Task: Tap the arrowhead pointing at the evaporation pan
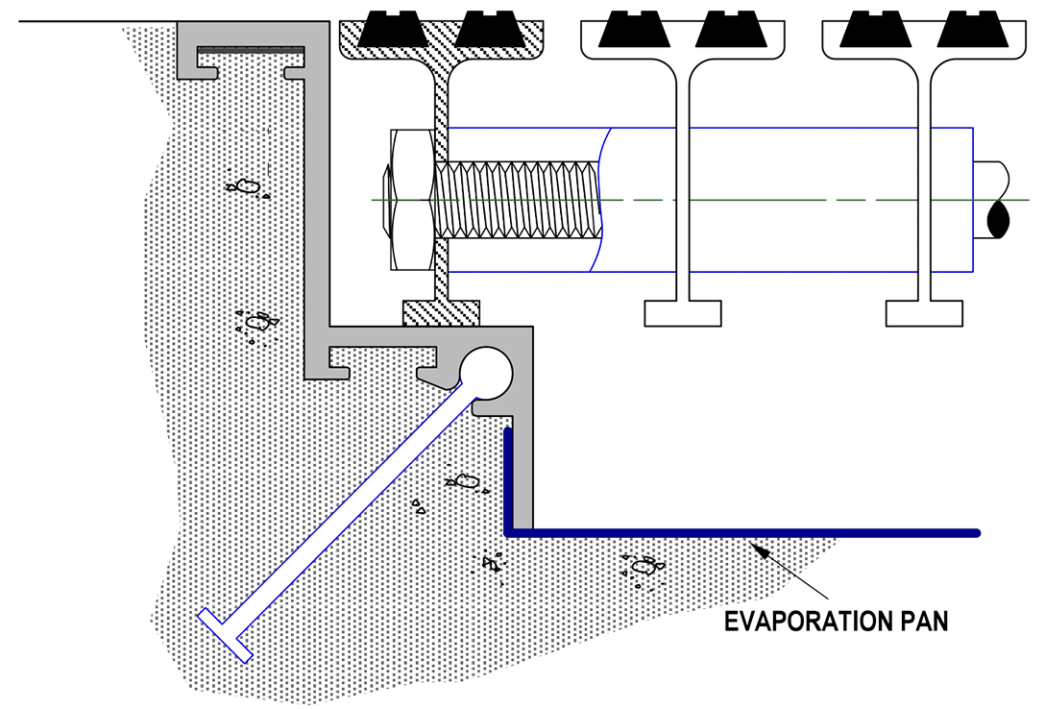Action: point(759,550)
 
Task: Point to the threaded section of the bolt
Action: point(519,200)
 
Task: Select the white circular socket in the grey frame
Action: point(487,373)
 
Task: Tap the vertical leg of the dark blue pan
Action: point(508,480)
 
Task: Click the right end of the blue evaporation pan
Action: point(974,532)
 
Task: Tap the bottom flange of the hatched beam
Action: point(441,312)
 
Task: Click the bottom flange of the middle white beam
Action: point(682,313)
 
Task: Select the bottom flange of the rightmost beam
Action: point(923,313)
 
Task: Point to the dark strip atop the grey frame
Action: point(252,48)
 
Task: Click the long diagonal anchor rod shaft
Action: point(346,509)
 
